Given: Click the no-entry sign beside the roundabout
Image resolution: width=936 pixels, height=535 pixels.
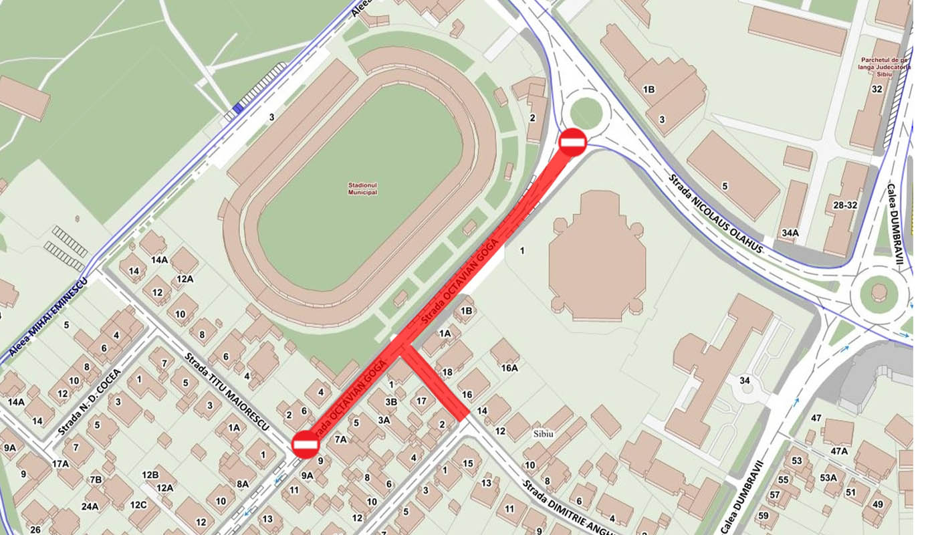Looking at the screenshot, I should (x=573, y=142).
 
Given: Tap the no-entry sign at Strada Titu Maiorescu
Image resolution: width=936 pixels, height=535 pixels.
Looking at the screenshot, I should (x=306, y=445).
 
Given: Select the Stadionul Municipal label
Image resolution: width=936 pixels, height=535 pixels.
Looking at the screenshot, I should (x=362, y=189).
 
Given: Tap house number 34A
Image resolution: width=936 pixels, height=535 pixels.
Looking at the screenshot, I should (x=790, y=233).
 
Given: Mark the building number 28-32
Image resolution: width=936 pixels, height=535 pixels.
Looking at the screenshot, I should (x=842, y=205).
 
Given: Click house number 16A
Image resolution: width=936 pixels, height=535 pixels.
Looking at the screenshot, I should (x=509, y=367).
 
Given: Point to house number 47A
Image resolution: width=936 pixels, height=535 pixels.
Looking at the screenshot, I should (x=839, y=451).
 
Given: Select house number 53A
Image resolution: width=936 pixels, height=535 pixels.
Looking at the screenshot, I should (x=828, y=477).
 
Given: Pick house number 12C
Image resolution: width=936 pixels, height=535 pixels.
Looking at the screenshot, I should (x=138, y=505).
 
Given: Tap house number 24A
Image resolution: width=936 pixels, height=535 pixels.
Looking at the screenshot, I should (x=90, y=506).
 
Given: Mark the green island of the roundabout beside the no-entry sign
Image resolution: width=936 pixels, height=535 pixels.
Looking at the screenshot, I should (x=586, y=112).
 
